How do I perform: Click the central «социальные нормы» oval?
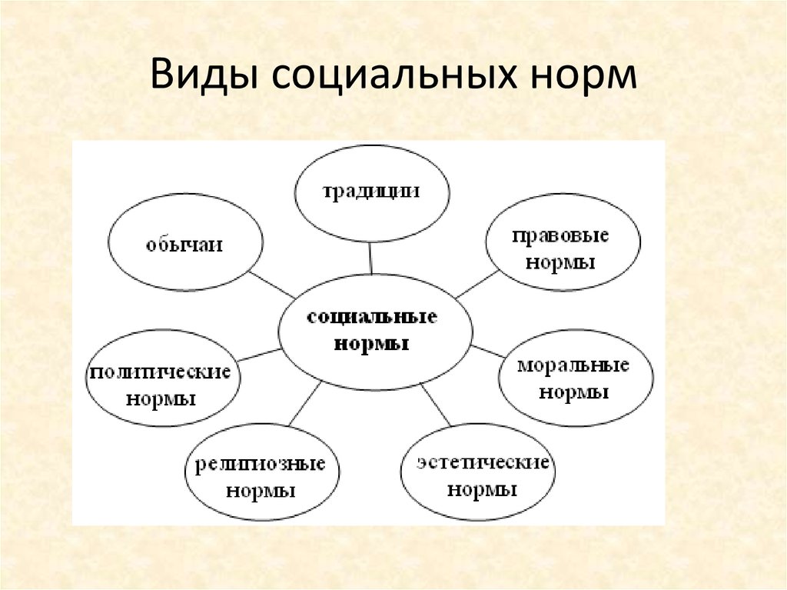375,332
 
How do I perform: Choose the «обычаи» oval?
185,242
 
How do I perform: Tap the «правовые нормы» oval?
563,242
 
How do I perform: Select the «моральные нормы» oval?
576,378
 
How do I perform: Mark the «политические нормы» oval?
163,378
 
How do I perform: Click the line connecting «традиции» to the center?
370,258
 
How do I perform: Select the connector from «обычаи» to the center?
272,285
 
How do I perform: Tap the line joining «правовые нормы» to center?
478,285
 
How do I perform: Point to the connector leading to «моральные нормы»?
487,352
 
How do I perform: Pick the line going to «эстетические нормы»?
436,405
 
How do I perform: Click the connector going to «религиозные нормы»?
305,404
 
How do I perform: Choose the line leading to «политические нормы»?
259,355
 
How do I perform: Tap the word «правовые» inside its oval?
560,236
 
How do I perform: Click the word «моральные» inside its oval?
573,365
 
